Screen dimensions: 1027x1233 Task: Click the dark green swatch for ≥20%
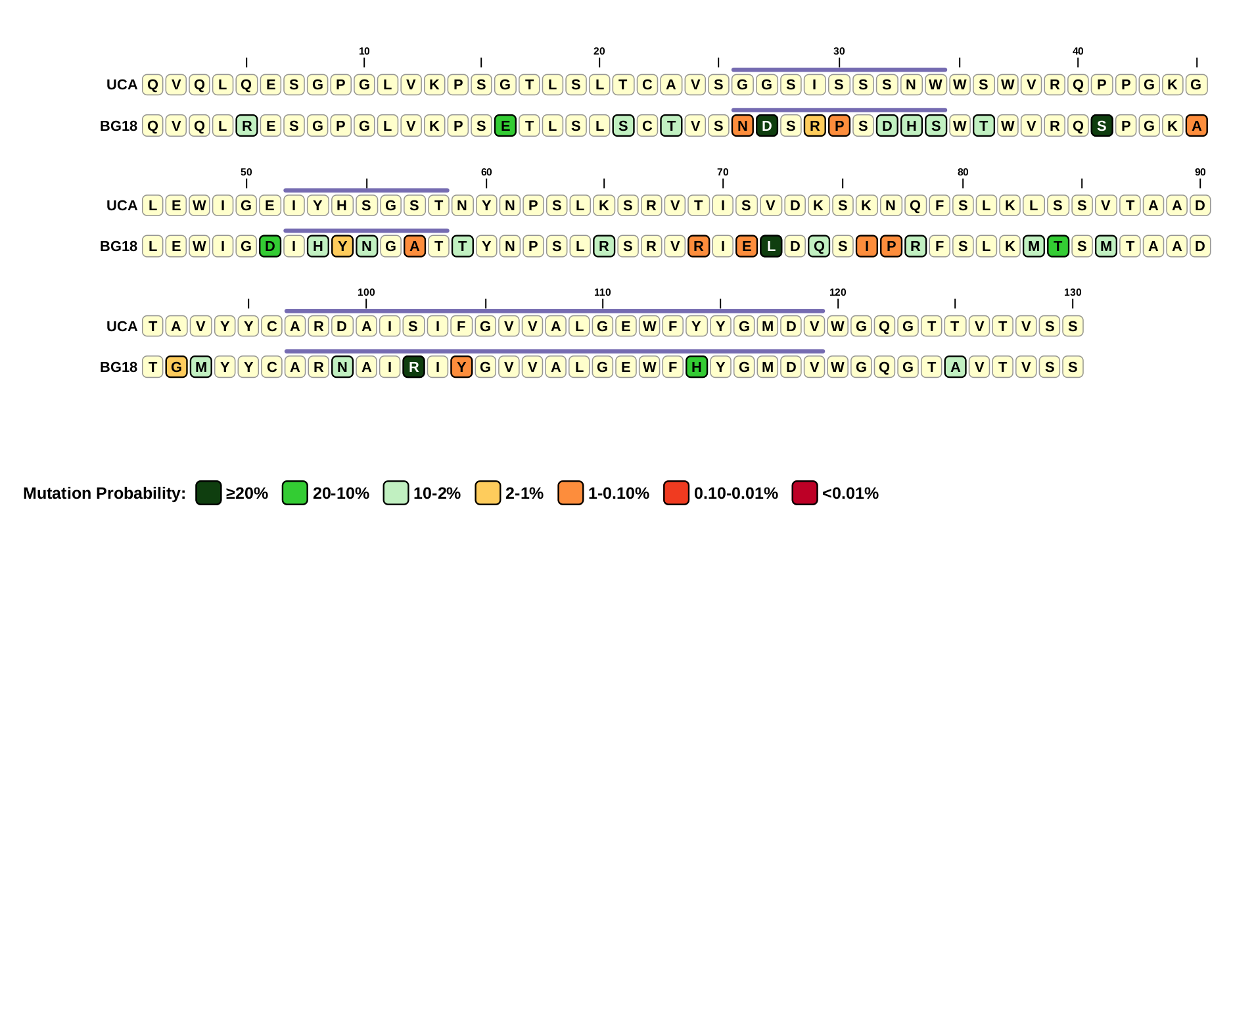[208, 493]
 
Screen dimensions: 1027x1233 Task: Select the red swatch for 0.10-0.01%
[676, 493]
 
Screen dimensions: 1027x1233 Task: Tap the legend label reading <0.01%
[850, 493]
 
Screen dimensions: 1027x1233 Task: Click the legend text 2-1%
[524, 493]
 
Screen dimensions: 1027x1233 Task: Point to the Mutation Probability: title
[105, 493]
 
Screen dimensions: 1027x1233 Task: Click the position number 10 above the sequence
[364, 51]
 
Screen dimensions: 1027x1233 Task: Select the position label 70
[722, 172]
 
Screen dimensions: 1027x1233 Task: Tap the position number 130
[1072, 292]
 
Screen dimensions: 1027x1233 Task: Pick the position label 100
[366, 292]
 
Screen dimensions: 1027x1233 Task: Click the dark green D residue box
[766, 126]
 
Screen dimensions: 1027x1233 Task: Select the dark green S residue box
[1102, 126]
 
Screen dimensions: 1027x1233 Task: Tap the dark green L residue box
[770, 246]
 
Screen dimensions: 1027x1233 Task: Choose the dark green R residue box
[413, 367]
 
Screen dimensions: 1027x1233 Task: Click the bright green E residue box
[505, 126]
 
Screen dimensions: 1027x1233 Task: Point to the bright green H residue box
[696, 367]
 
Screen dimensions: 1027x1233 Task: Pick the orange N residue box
[742, 126]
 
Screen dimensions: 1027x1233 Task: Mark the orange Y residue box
[461, 367]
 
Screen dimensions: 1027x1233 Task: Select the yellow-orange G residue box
[176, 367]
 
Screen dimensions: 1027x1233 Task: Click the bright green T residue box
[1058, 246]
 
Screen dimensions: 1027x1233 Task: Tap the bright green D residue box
[269, 246]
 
